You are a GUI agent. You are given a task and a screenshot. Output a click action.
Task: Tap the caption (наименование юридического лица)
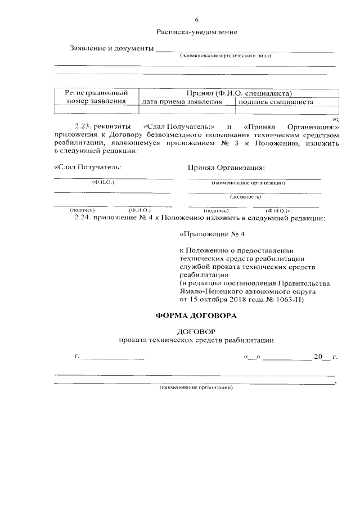click(226, 56)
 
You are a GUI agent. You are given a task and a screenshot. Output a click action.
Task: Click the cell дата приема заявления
click(182, 102)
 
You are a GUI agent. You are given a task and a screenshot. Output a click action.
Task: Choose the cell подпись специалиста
click(276, 102)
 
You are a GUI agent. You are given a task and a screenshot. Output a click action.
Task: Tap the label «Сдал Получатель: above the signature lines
click(87, 167)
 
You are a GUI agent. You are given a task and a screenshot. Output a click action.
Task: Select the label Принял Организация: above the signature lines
click(226, 167)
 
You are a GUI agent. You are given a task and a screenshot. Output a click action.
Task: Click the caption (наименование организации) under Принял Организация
click(248, 183)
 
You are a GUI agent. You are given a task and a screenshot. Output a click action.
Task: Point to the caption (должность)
click(245, 197)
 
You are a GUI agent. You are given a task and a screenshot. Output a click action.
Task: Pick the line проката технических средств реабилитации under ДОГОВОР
click(196, 340)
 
